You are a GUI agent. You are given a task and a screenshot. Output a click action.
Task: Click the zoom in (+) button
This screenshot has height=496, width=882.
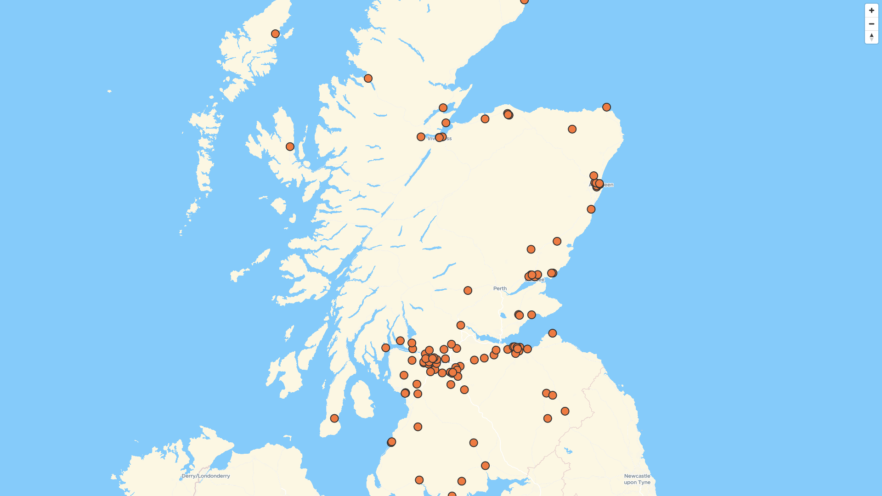pos(871,11)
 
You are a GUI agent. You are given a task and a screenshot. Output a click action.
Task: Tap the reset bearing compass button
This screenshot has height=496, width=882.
pos(871,37)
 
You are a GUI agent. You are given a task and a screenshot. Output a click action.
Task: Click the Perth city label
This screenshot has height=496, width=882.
pos(500,288)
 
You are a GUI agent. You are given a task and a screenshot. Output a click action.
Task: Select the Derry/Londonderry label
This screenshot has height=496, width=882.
pos(206,476)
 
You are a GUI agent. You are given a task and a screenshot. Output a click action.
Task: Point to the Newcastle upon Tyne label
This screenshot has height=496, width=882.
pos(637,479)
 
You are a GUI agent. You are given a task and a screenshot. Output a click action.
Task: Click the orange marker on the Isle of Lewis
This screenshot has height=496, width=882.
pos(275,34)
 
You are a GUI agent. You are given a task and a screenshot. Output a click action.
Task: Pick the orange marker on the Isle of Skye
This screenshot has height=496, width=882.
pos(290,147)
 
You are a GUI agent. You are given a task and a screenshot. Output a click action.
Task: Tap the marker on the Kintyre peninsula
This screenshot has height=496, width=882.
pos(334,418)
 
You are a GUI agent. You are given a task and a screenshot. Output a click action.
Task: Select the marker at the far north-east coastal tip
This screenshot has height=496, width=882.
pos(606,107)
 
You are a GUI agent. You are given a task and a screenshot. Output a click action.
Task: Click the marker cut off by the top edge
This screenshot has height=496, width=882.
pos(524,1)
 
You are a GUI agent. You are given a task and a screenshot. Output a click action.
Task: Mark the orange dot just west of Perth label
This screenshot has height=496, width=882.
pos(468,290)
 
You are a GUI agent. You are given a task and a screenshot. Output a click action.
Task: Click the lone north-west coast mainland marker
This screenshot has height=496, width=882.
pos(368,79)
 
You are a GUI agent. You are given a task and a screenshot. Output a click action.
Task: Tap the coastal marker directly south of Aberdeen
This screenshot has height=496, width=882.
pos(591,209)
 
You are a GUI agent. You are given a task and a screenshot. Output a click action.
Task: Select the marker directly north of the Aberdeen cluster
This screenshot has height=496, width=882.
pos(594,175)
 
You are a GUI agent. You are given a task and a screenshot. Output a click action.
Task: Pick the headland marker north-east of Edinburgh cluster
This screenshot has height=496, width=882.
pos(553,333)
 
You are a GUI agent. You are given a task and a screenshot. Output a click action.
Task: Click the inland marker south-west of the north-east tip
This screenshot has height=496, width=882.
pos(572,129)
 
